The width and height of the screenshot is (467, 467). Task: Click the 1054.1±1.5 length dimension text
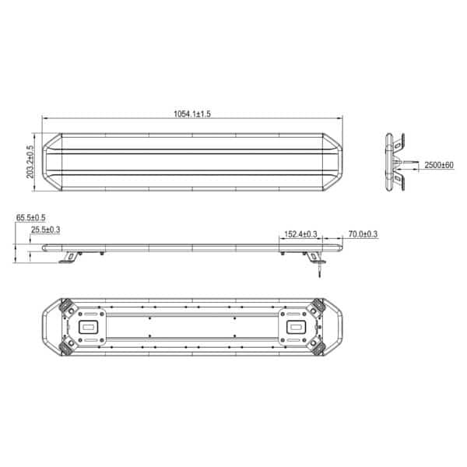(x=192, y=114)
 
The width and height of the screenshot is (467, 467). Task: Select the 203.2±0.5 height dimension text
(x=30, y=162)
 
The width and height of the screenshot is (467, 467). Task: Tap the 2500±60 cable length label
(x=439, y=165)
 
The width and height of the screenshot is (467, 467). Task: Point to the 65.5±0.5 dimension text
(x=30, y=218)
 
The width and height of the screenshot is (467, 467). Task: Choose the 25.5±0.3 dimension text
(x=46, y=230)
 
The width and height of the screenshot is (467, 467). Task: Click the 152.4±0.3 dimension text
(x=300, y=234)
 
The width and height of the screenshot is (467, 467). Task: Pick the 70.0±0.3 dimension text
(x=363, y=234)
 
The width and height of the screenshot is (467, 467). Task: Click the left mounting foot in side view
(x=70, y=258)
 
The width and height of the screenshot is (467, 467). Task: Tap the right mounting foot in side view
(x=314, y=258)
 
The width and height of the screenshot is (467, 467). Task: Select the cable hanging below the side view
(x=320, y=270)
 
